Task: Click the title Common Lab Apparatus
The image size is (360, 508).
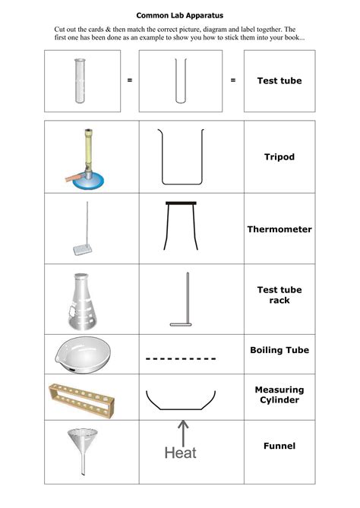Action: (179, 14)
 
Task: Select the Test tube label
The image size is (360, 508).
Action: (279, 80)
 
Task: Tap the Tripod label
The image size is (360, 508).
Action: (279, 157)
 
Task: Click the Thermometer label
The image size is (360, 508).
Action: (279, 229)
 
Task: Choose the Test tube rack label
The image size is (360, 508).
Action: (279, 295)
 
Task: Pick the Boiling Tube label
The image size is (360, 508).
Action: (279, 350)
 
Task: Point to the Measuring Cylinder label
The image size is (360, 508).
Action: (279, 395)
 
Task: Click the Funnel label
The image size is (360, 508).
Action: (279, 446)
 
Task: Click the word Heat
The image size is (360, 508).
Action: (180, 453)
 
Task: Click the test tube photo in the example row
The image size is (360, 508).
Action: (78, 80)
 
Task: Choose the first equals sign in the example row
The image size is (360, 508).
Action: (130, 80)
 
